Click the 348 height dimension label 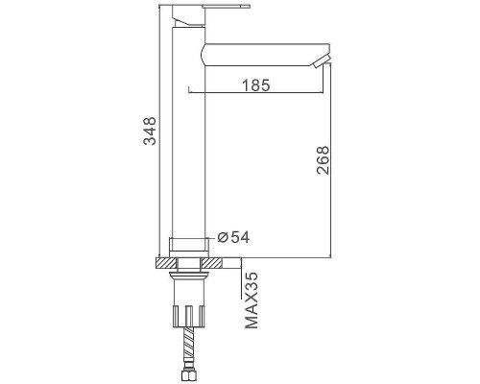(x=150, y=132)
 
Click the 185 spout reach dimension (x=256, y=85)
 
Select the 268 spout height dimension (x=323, y=160)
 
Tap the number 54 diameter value (x=240, y=237)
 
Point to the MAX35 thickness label (x=252, y=300)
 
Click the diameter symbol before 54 (x=223, y=237)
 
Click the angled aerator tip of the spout (x=322, y=61)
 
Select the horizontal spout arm (x=266, y=55)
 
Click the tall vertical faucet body (x=188, y=132)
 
